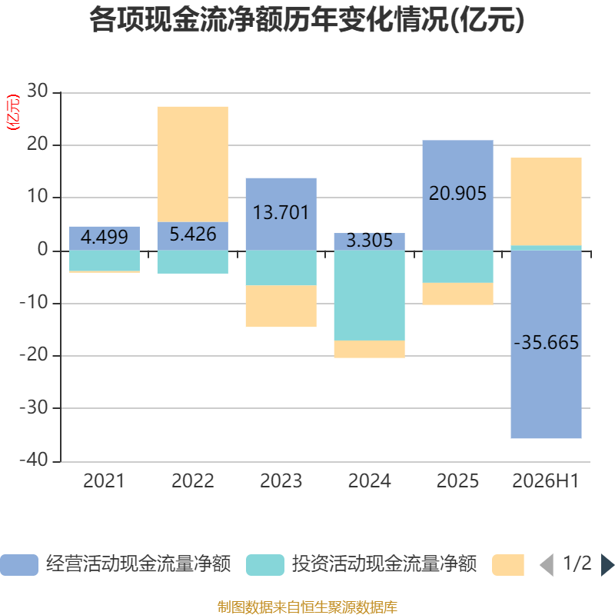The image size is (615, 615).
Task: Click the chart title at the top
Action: click(307, 20)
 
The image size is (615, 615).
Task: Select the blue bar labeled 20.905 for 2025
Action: click(457, 195)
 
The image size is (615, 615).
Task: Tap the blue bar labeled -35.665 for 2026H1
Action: click(546, 344)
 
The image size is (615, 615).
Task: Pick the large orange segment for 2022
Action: click(193, 165)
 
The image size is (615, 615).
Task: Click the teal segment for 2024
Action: click(370, 295)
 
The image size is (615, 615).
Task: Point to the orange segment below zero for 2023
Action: click(281, 306)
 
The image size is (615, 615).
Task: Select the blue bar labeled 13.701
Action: click(281, 214)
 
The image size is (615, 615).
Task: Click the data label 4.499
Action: click(105, 237)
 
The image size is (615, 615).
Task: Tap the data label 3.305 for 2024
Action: click(370, 241)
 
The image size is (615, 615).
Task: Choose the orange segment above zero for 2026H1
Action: click(546, 201)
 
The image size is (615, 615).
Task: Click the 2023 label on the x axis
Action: click(281, 481)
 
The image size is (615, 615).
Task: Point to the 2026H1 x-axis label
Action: click(546, 481)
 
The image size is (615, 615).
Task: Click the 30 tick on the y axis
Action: click(38, 91)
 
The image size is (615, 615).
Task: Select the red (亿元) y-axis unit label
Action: click(13, 112)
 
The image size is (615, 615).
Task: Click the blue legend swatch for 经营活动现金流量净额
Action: click(19, 565)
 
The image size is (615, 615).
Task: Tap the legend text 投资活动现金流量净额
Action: click(384, 564)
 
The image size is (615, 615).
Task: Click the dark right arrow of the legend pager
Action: click(607, 565)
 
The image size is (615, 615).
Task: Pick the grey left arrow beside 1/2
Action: click(547, 565)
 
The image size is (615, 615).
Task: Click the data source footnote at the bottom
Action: click(307, 607)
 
